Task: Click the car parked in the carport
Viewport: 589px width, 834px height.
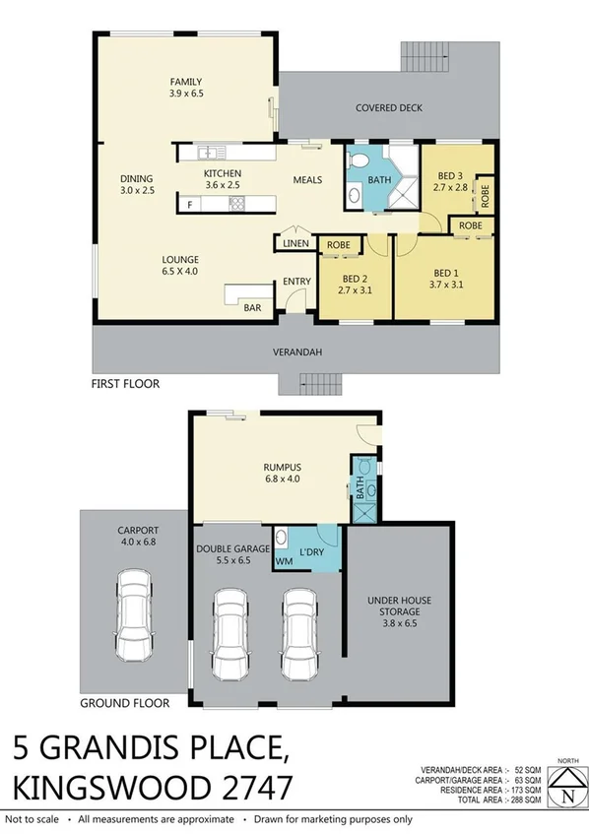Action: click(x=135, y=616)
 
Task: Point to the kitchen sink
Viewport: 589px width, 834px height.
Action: click(x=209, y=153)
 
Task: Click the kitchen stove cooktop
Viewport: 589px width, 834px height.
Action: click(x=236, y=204)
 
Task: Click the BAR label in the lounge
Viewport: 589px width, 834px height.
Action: click(x=253, y=307)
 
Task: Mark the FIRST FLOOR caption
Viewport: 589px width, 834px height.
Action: click(x=124, y=384)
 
